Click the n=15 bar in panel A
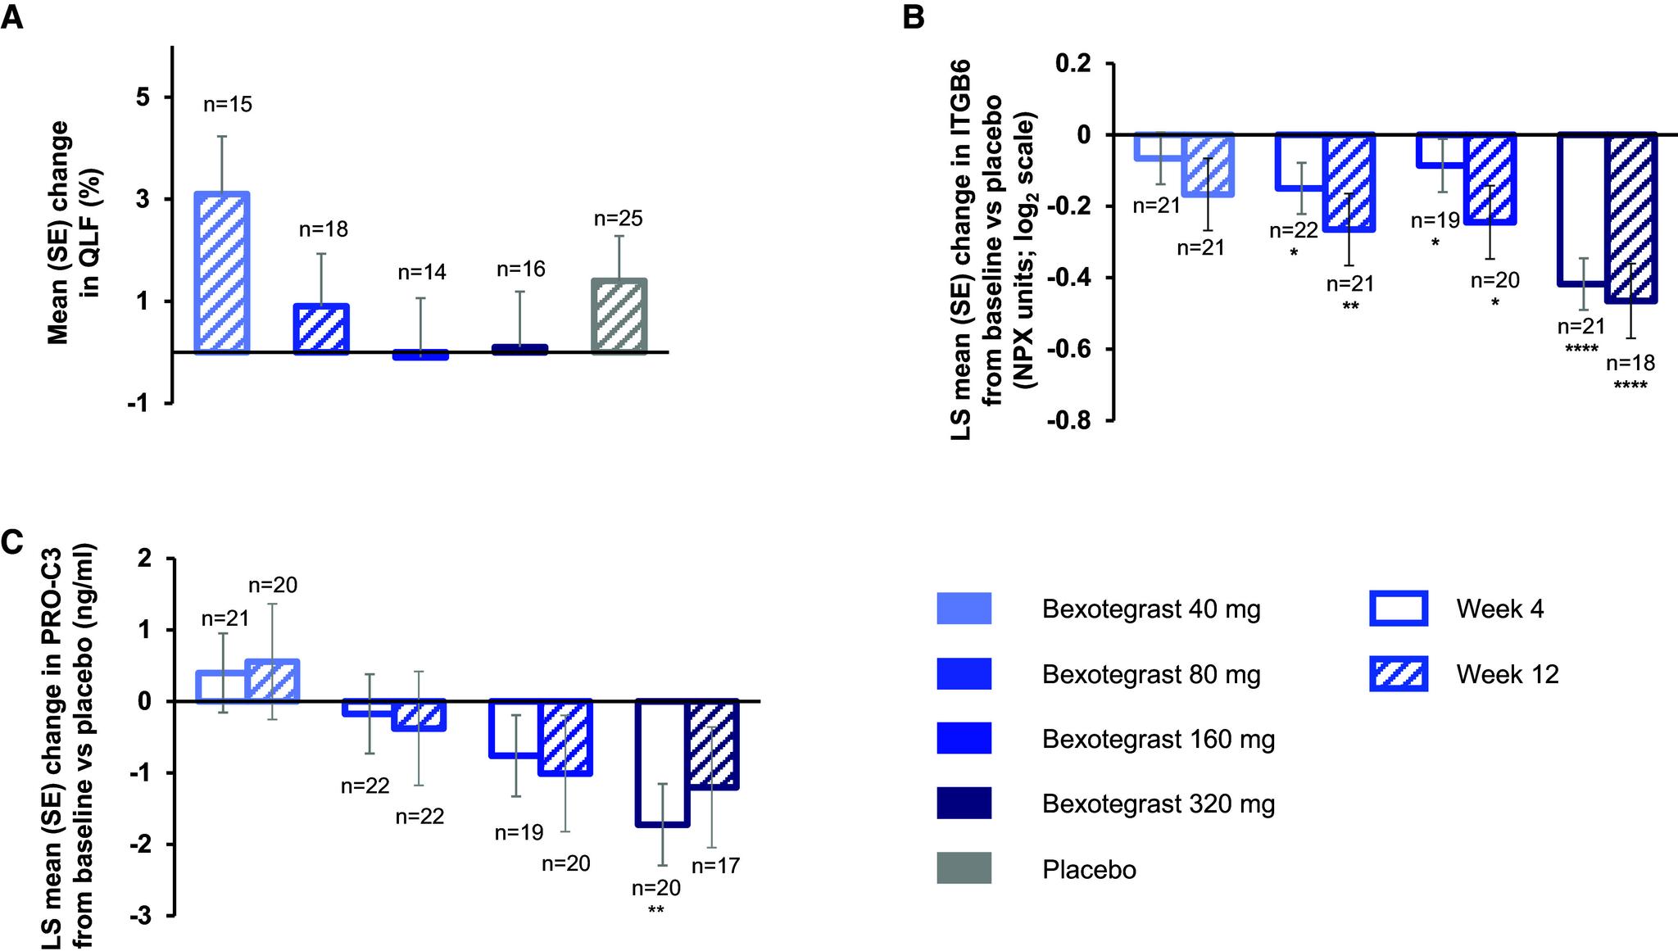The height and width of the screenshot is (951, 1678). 221,273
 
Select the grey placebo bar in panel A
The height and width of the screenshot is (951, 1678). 620,316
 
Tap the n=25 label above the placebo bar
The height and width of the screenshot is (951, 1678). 618,219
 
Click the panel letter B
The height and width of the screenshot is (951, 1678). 913,17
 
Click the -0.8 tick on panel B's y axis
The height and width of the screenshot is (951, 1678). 1071,421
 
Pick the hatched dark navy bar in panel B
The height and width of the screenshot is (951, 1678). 1631,218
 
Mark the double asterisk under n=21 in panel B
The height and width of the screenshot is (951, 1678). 1350,306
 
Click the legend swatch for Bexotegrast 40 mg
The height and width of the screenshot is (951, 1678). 964,609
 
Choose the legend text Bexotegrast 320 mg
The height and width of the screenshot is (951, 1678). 1158,804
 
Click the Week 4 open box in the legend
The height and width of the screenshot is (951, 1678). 1399,609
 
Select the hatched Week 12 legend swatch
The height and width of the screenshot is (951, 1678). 1399,674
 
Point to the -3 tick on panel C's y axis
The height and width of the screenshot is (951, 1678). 143,916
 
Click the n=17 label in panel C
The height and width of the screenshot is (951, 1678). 715,866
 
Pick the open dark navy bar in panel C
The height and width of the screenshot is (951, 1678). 663,763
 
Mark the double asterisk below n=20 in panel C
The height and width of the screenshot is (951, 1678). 655,909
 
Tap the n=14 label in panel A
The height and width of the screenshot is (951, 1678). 422,273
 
